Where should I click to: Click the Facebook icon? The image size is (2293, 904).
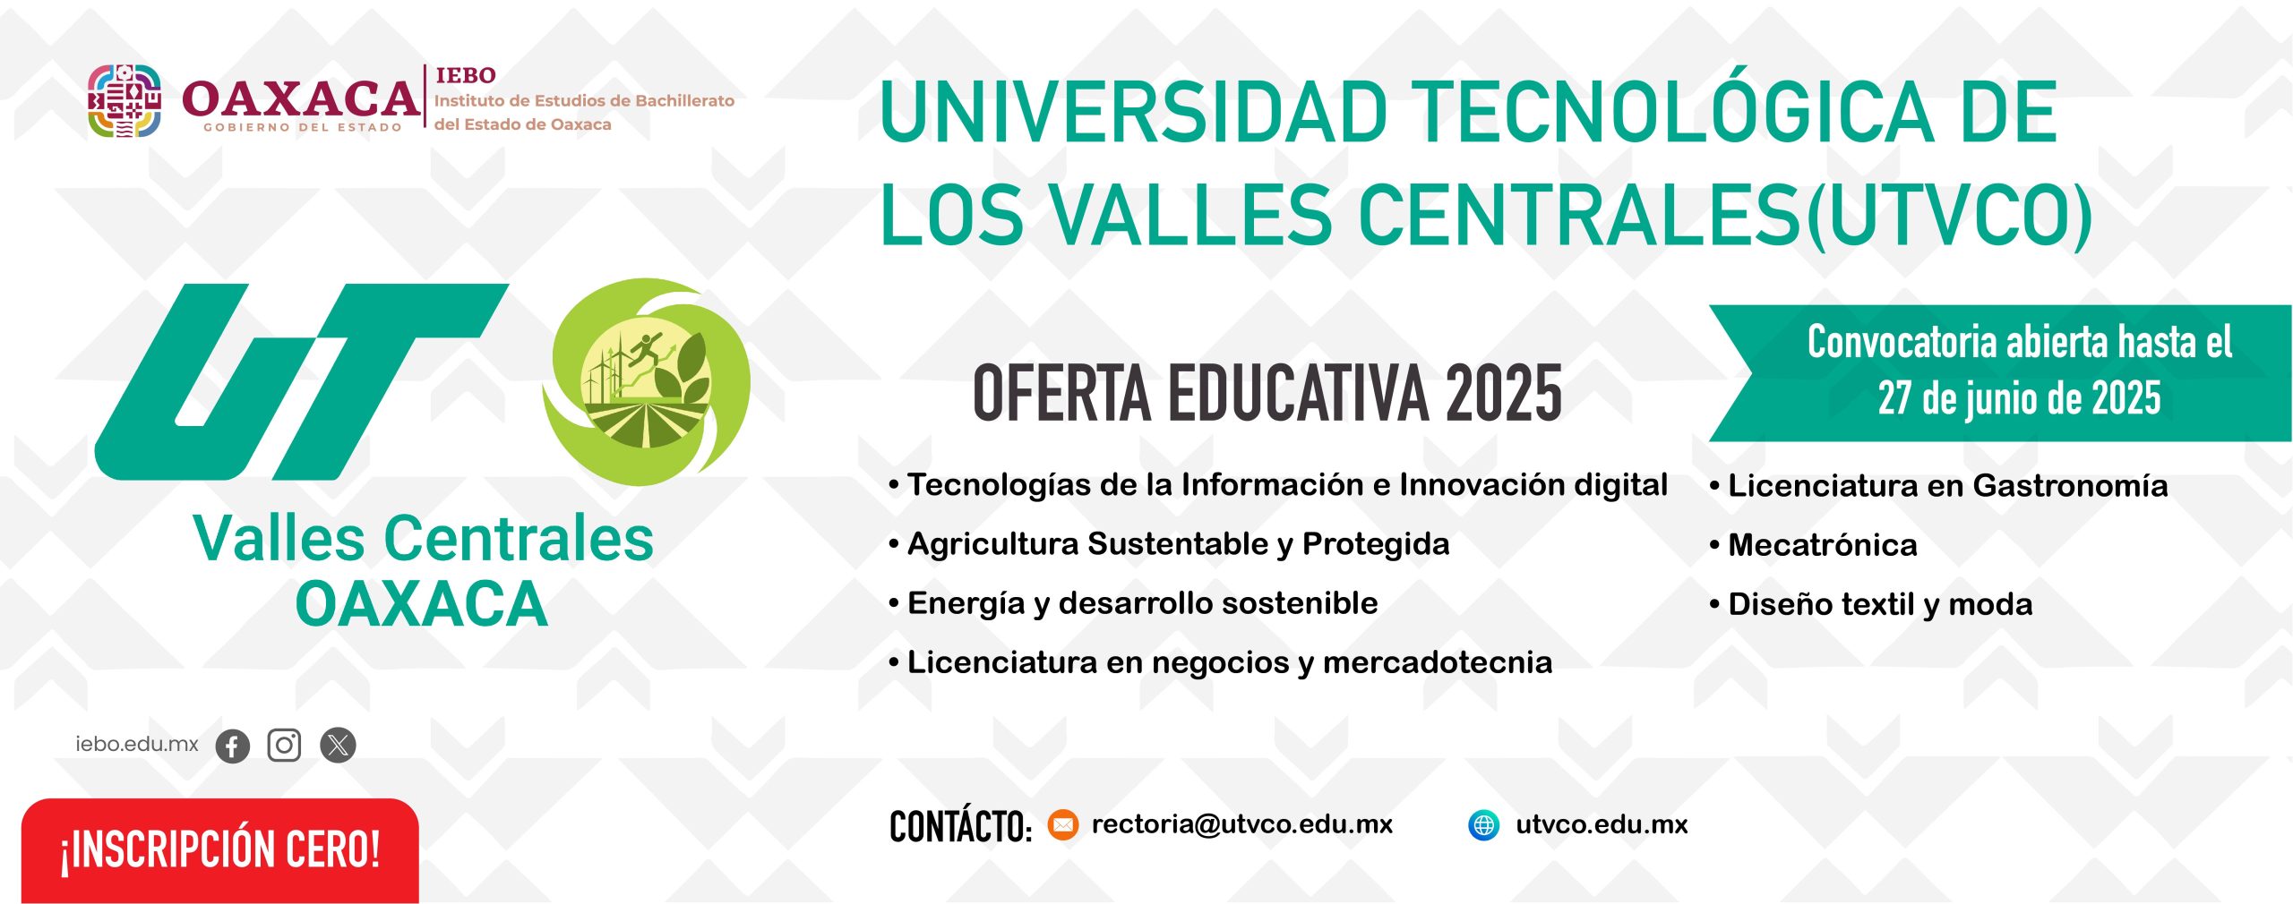[x=233, y=746]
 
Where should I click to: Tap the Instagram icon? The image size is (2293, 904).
[x=285, y=745]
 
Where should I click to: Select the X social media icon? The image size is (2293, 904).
[x=338, y=745]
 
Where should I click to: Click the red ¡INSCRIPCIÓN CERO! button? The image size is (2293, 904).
[x=220, y=850]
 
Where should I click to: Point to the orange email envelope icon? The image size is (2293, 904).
[x=1063, y=824]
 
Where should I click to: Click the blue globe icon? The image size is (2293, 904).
[x=1484, y=824]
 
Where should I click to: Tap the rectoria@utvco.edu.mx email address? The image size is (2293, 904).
[x=1242, y=824]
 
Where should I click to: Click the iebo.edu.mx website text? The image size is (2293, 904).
[x=137, y=744]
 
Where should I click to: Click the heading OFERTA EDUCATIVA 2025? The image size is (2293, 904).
[x=1267, y=394]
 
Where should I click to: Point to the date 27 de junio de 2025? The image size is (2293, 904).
[x=2019, y=398]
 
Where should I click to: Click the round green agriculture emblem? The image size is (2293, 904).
[x=646, y=382]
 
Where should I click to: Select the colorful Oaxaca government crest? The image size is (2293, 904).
[x=125, y=100]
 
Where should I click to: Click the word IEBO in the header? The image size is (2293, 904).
[x=466, y=75]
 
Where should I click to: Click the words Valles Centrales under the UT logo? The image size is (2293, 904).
[x=424, y=539]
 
